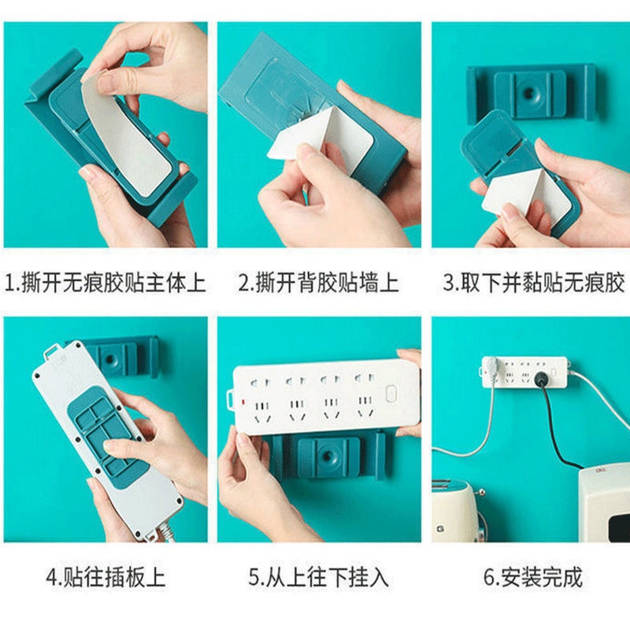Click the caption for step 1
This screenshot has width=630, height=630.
(106, 283)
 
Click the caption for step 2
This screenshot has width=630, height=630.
(319, 283)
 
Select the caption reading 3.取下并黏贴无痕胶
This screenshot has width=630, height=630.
(535, 282)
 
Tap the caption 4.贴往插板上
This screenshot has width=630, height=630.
(106, 577)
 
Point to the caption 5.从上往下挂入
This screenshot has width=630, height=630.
(319, 577)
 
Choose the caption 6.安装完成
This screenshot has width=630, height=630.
(533, 577)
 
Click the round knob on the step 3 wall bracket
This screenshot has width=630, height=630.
(529, 94)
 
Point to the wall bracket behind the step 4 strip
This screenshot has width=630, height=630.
(120, 358)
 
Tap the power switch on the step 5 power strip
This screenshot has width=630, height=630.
(391, 393)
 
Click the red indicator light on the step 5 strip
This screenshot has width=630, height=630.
(243, 402)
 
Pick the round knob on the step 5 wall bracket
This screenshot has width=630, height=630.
(328, 456)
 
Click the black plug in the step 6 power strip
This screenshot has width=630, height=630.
(541, 379)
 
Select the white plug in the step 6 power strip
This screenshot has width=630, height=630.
(491, 366)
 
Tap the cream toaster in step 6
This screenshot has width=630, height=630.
(458, 511)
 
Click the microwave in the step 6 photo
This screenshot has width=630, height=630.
(604, 506)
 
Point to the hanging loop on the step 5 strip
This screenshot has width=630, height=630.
(230, 400)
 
